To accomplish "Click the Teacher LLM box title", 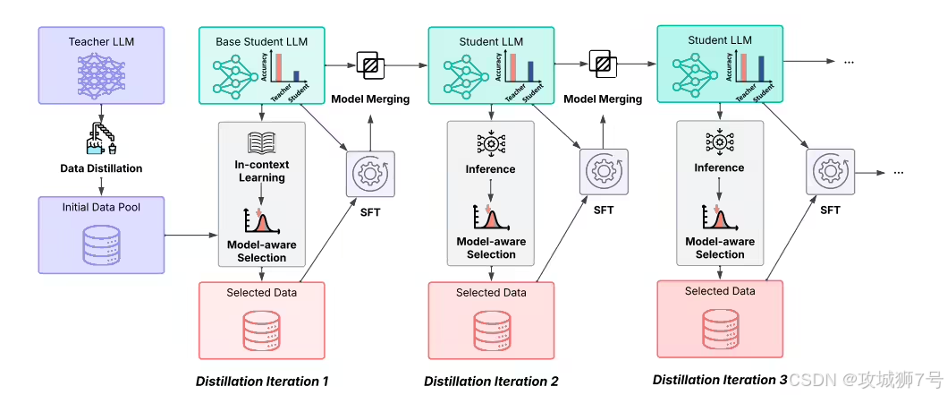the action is click(x=101, y=42).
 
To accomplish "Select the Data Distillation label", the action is click(x=101, y=168).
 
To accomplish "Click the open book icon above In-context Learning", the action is click(x=261, y=142).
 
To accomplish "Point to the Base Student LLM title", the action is click(x=261, y=42).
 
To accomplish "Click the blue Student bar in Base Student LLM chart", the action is click(x=296, y=75).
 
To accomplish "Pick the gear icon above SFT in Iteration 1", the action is click(x=369, y=174).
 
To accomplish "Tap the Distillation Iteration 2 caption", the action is click(x=491, y=381).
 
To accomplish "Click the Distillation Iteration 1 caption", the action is click(x=262, y=381).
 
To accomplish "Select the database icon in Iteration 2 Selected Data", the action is click(x=490, y=329).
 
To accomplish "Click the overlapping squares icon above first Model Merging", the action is click(x=369, y=64).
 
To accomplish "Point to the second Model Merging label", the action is click(x=603, y=99).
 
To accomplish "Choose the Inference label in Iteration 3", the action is click(x=719, y=167).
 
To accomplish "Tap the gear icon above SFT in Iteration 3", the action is click(x=830, y=172).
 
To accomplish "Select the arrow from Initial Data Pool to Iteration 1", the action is click(x=190, y=234).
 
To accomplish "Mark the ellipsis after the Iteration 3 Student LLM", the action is click(x=848, y=62).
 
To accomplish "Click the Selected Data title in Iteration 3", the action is click(x=720, y=291).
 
